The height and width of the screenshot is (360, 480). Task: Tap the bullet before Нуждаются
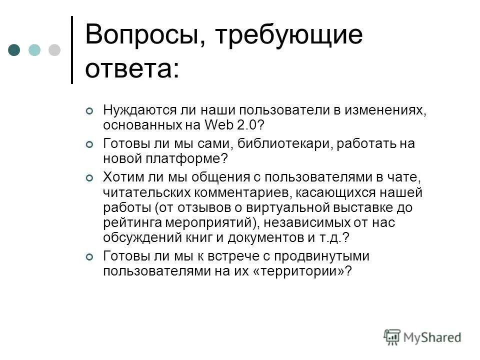click(x=89, y=111)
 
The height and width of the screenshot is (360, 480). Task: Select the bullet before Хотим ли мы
click(x=89, y=178)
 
